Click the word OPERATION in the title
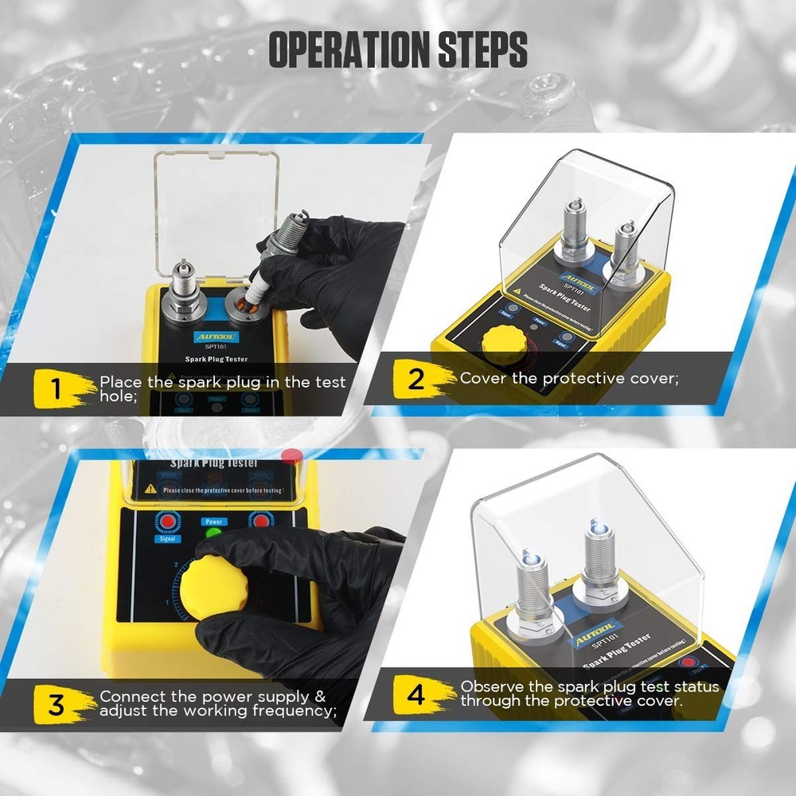(349, 49)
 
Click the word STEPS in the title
(483, 49)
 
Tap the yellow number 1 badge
(57, 389)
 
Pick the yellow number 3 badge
(57, 703)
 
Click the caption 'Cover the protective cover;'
(569, 378)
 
